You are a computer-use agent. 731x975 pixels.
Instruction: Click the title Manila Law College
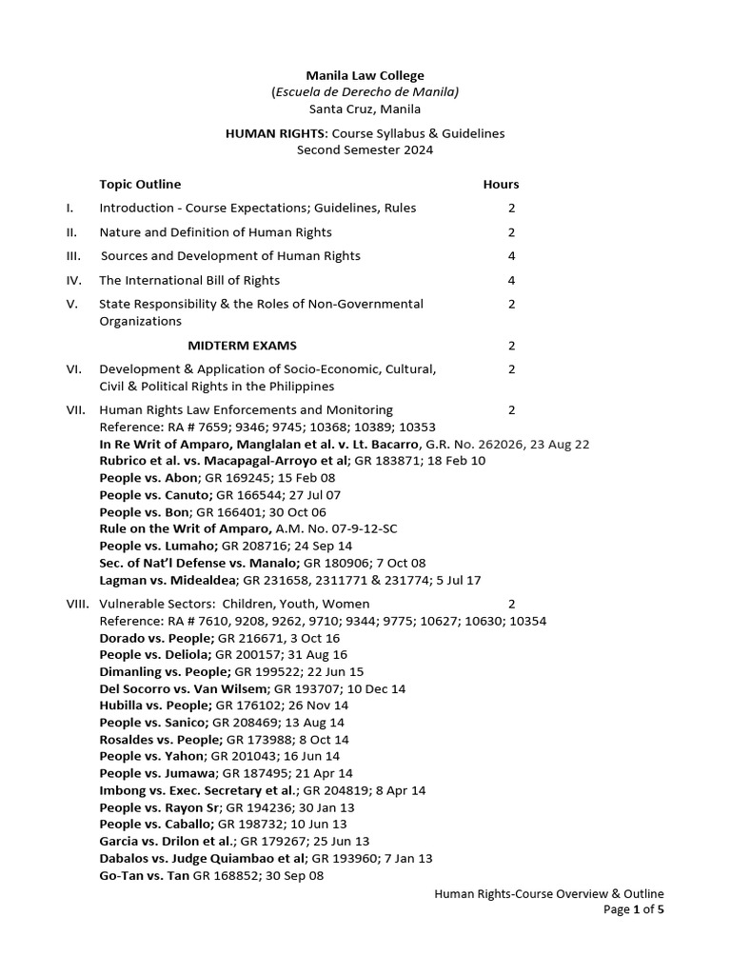pos(365,75)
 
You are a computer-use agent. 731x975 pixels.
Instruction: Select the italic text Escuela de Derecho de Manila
pos(365,91)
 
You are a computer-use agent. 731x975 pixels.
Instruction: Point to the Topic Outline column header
pos(140,184)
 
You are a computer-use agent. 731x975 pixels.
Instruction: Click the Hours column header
pos(501,184)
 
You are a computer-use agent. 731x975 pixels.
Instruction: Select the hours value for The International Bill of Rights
pos(511,280)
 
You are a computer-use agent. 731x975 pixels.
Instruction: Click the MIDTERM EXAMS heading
pos(248,345)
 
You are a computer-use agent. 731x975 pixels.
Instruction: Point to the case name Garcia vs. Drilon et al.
pos(167,842)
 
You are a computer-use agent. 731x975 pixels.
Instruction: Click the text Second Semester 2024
pos(365,150)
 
